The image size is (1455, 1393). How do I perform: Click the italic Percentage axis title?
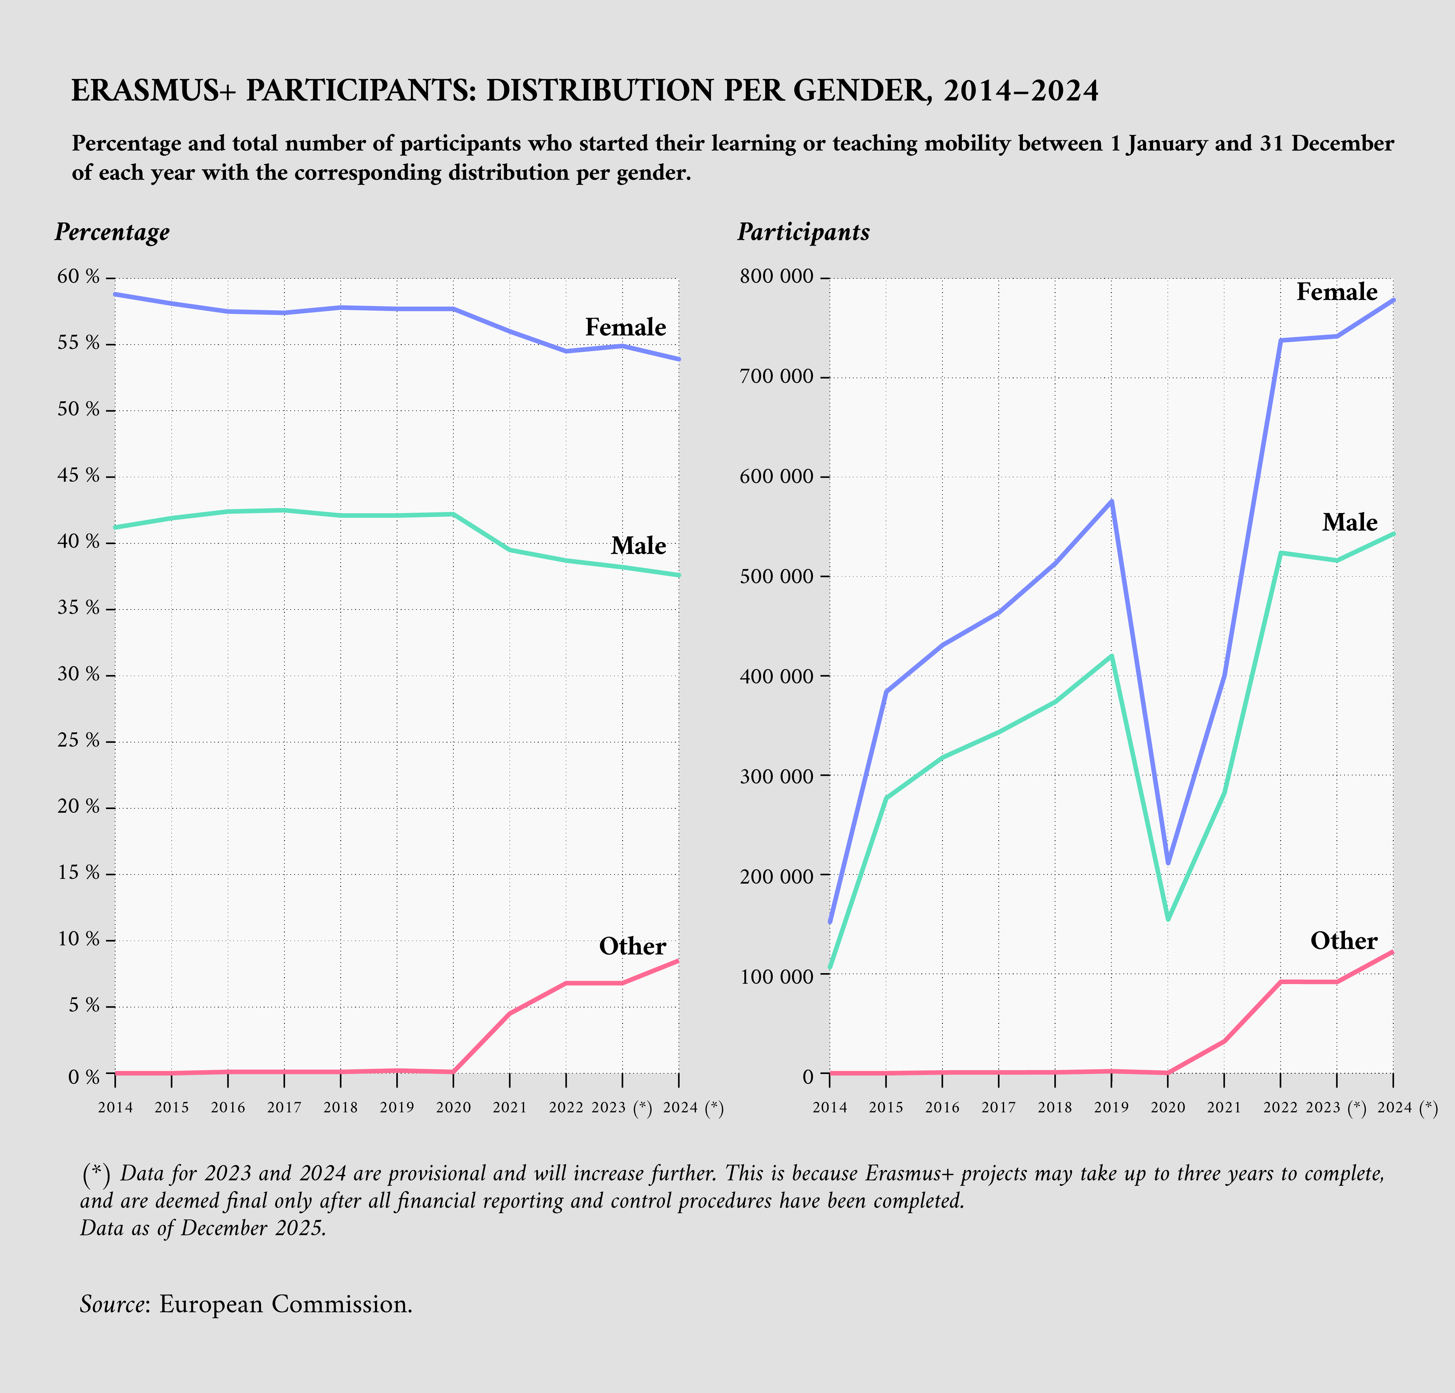point(112,232)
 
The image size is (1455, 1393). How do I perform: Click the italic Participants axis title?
point(803,232)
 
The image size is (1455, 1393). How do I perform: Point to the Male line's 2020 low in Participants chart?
point(1168,919)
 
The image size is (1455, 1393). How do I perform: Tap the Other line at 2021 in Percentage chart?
point(509,1013)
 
